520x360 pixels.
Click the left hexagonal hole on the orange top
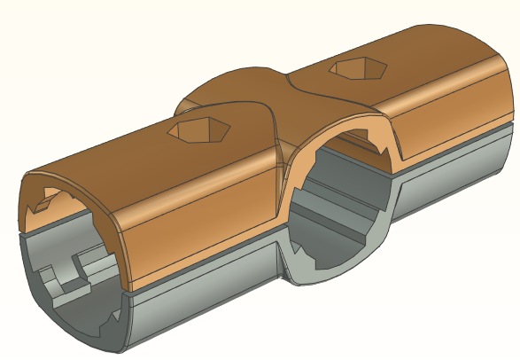coord(201,131)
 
